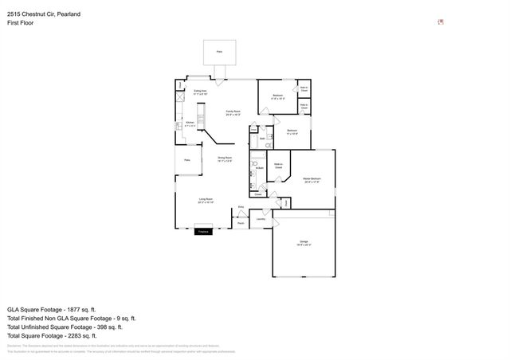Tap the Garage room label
[304, 241]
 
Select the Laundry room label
[261, 218]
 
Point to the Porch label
[241, 224]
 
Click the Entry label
[241, 206]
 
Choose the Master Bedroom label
[312, 179]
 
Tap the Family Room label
[233, 112]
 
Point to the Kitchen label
[190, 123]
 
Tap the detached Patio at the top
[219, 52]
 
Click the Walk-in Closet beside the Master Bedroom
[279, 166]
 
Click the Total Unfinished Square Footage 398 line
[64, 327]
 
